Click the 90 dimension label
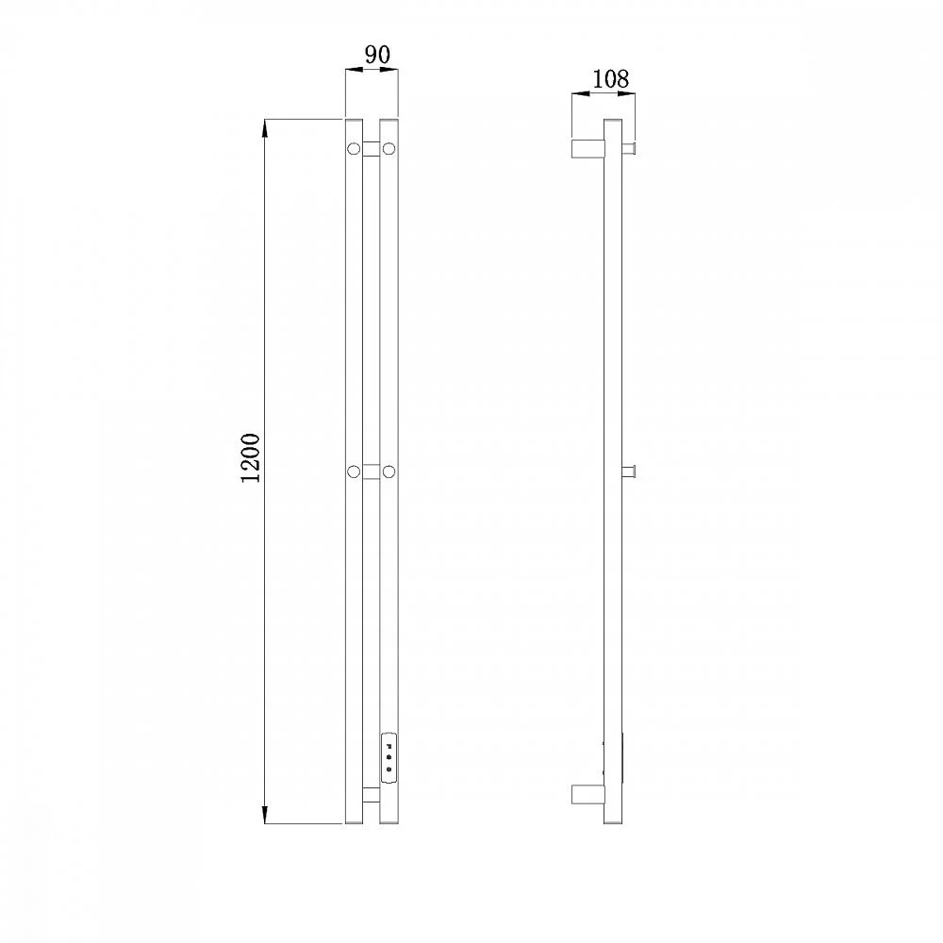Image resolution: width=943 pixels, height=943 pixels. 378,55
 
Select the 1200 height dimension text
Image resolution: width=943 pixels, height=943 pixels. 250,457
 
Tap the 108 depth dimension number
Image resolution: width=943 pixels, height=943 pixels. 610,79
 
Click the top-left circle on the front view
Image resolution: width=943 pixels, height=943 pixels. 354,148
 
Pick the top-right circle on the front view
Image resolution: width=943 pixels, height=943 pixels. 389,148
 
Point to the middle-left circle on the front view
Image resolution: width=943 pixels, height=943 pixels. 354,471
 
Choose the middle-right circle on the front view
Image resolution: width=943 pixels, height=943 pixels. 389,471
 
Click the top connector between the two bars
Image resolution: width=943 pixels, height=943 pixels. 371,149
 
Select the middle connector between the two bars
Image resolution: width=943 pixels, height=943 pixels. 371,471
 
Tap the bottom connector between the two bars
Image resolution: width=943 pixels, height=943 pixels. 371,794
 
